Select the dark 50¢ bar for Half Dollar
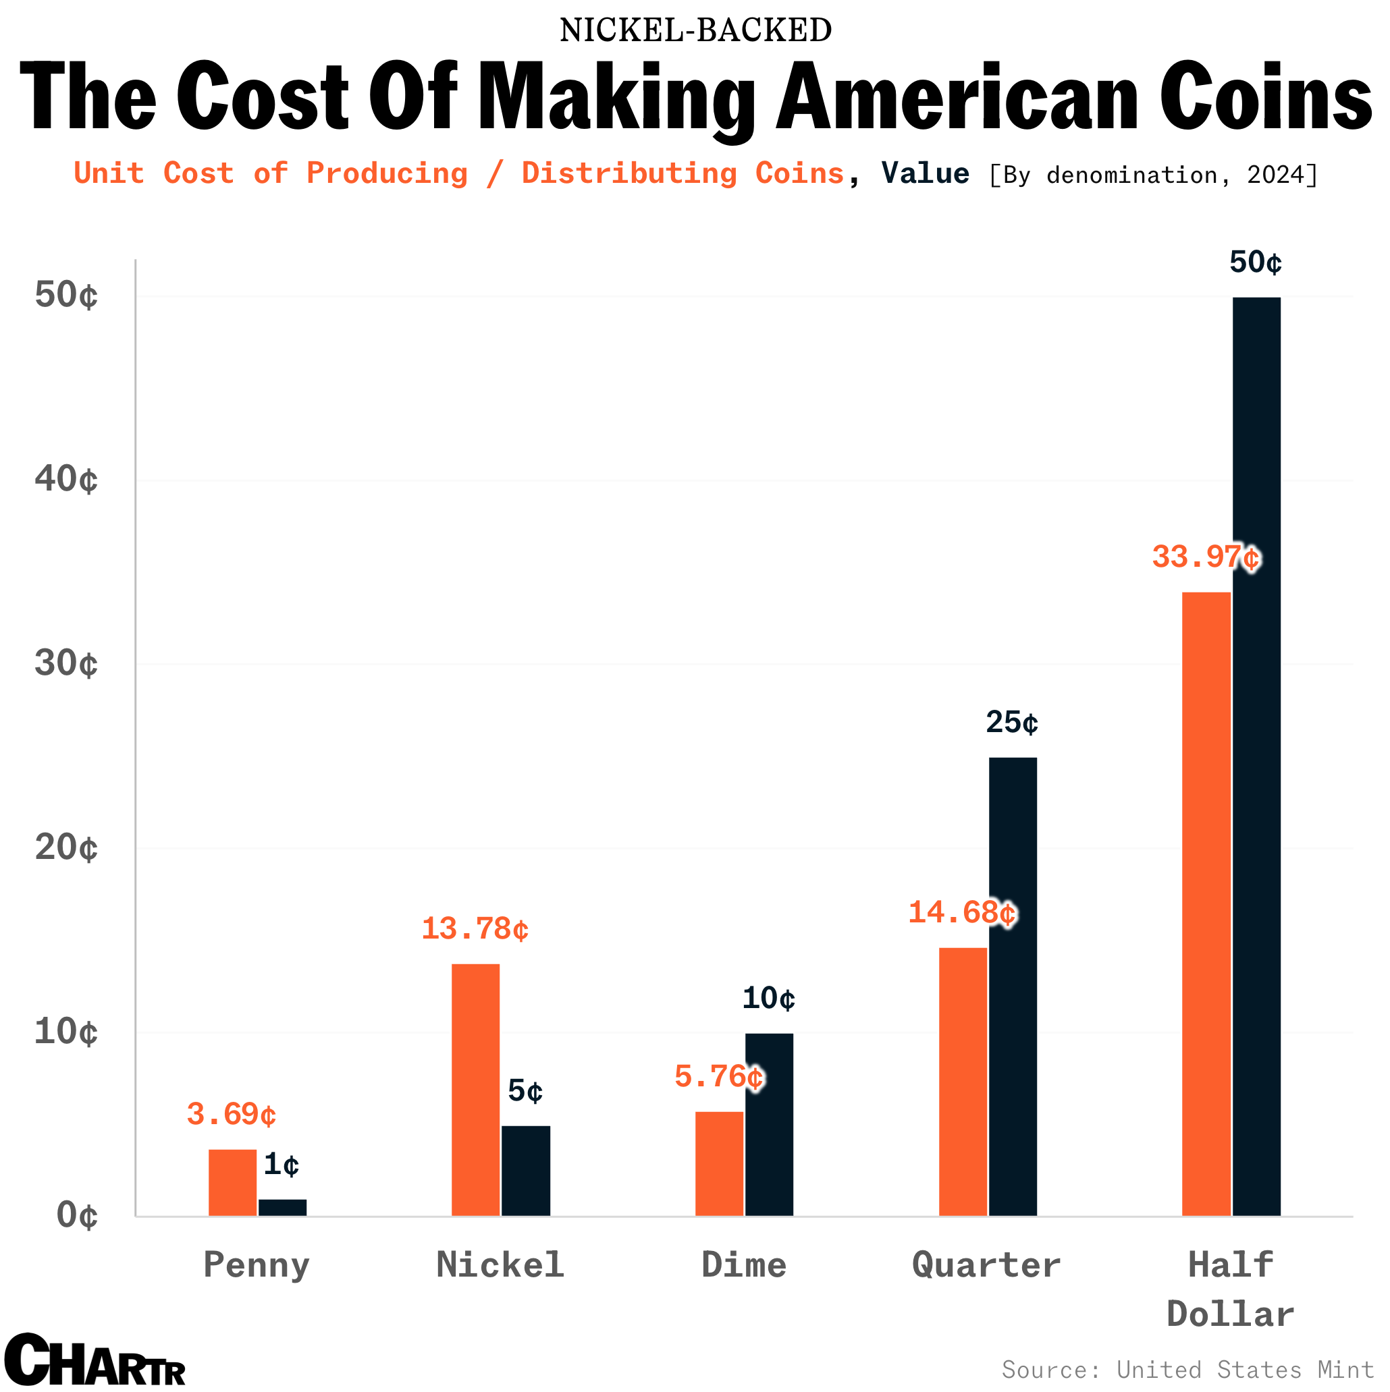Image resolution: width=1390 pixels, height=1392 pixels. (1256, 756)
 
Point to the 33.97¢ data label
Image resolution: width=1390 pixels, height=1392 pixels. (1206, 557)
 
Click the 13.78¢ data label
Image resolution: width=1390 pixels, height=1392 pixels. (475, 928)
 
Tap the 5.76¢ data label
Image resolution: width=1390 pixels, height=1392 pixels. (719, 1077)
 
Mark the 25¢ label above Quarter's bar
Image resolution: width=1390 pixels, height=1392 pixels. (1011, 723)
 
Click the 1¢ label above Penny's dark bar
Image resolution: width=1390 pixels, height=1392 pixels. (281, 1165)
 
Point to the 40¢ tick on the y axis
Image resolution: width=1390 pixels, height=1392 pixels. (65, 480)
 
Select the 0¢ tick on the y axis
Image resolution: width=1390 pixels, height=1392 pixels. (76, 1216)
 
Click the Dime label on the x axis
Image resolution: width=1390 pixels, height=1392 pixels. (743, 1266)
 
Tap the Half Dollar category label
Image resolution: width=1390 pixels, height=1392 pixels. (1230, 1289)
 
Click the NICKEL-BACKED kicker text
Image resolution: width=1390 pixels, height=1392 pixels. (695, 30)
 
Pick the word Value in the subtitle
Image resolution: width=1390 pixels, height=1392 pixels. (925, 173)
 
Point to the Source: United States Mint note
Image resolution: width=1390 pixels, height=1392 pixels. (1187, 1369)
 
